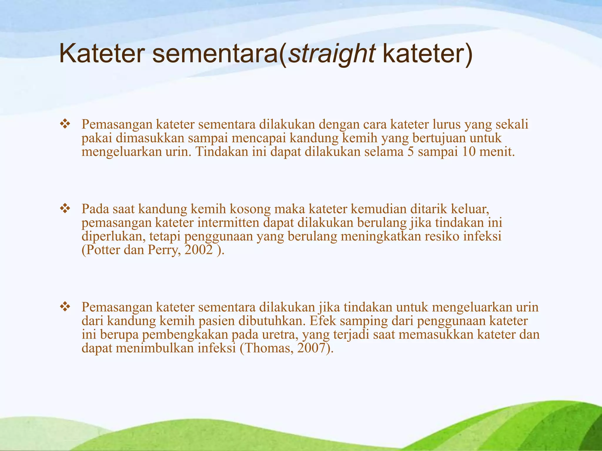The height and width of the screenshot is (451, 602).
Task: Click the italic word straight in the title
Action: coord(332,55)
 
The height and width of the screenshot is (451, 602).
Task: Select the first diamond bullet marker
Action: coord(65,124)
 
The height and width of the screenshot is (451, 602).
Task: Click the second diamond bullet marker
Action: coord(65,209)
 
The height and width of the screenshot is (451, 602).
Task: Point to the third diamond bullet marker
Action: coord(65,307)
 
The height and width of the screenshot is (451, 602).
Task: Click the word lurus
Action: coord(447,124)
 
